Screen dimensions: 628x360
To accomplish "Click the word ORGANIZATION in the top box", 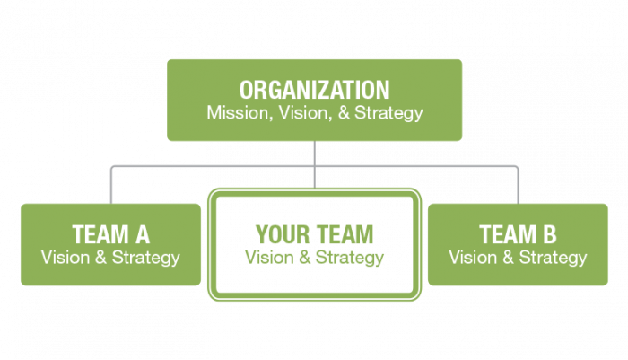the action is tap(314, 90).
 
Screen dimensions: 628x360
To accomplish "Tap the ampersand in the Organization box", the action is tap(344, 112).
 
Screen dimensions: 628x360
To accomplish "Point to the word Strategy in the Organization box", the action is tap(388, 114).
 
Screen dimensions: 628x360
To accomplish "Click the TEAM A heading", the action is tap(111, 234).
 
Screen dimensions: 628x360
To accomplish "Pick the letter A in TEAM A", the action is tap(143, 234).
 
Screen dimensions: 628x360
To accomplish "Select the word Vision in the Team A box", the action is tap(65, 258).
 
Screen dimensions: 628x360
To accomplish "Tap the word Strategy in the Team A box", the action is tap(145, 259).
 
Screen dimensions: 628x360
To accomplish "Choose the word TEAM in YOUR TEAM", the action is tap(345, 234).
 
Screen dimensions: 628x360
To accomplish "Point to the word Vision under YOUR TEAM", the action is tap(269, 258).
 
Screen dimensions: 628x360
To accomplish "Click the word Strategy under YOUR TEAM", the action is tap(350, 259).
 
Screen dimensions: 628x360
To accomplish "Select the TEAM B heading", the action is tap(518, 234).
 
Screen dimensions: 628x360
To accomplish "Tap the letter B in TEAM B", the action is tap(550, 234).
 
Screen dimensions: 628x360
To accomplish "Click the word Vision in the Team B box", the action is tap(473, 258).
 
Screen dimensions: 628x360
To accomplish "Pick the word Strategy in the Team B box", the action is tap(554, 259).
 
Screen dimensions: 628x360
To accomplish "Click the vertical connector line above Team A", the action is tap(111, 185).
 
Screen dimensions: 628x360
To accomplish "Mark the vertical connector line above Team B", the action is tap(518, 185).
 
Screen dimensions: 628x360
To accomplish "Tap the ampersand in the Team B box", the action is tap(509, 258).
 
